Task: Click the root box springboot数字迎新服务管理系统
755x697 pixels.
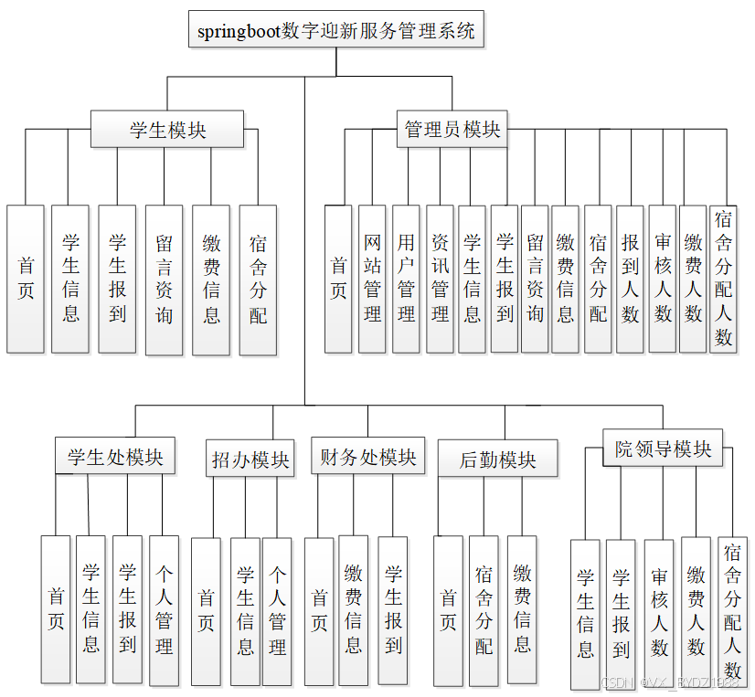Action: point(336,30)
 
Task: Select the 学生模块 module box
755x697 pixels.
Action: point(167,130)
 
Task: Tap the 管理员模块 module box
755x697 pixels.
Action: point(452,130)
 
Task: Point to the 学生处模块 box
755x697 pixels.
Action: point(115,457)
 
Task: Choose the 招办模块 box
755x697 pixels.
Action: point(250,460)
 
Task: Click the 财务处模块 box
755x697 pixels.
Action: point(367,457)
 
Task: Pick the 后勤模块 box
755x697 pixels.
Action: point(497,459)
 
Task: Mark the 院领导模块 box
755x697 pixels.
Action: point(663,449)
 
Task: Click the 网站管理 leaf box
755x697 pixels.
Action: point(372,279)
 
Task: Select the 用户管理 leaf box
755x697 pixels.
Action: point(406,279)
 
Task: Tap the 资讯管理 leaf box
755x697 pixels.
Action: point(440,279)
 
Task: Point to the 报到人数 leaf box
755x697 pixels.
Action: point(630,279)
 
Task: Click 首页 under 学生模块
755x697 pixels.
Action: point(26,279)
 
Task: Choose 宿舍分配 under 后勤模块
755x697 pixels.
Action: point(484,610)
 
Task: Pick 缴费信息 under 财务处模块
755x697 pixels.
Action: point(353,610)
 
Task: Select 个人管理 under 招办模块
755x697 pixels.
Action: point(277,610)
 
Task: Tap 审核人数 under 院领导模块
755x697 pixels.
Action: point(659,614)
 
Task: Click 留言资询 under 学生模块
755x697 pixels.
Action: point(164,279)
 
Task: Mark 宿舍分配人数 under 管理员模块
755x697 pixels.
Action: point(724,279)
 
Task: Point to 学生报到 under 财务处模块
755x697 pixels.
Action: point(393,610)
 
